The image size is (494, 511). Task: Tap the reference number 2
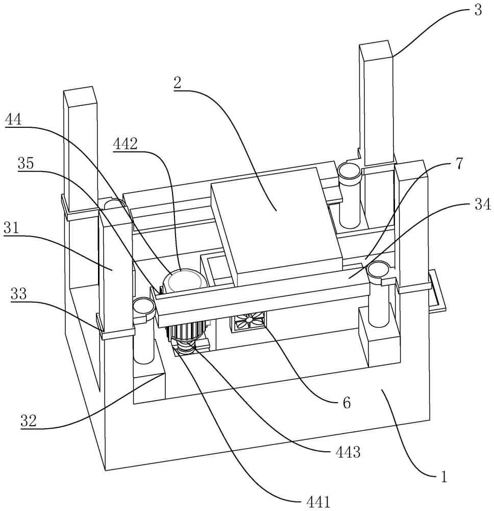178,83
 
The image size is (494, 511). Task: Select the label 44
14,120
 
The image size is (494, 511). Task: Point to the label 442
126,144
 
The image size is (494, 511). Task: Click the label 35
26,164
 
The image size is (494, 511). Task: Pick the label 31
11,228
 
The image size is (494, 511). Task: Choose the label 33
19,294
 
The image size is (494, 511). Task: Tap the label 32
29,421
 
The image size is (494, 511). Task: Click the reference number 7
458,164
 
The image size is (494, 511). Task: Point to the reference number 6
347,403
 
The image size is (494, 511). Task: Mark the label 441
318,502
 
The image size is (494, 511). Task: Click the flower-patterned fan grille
249,320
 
